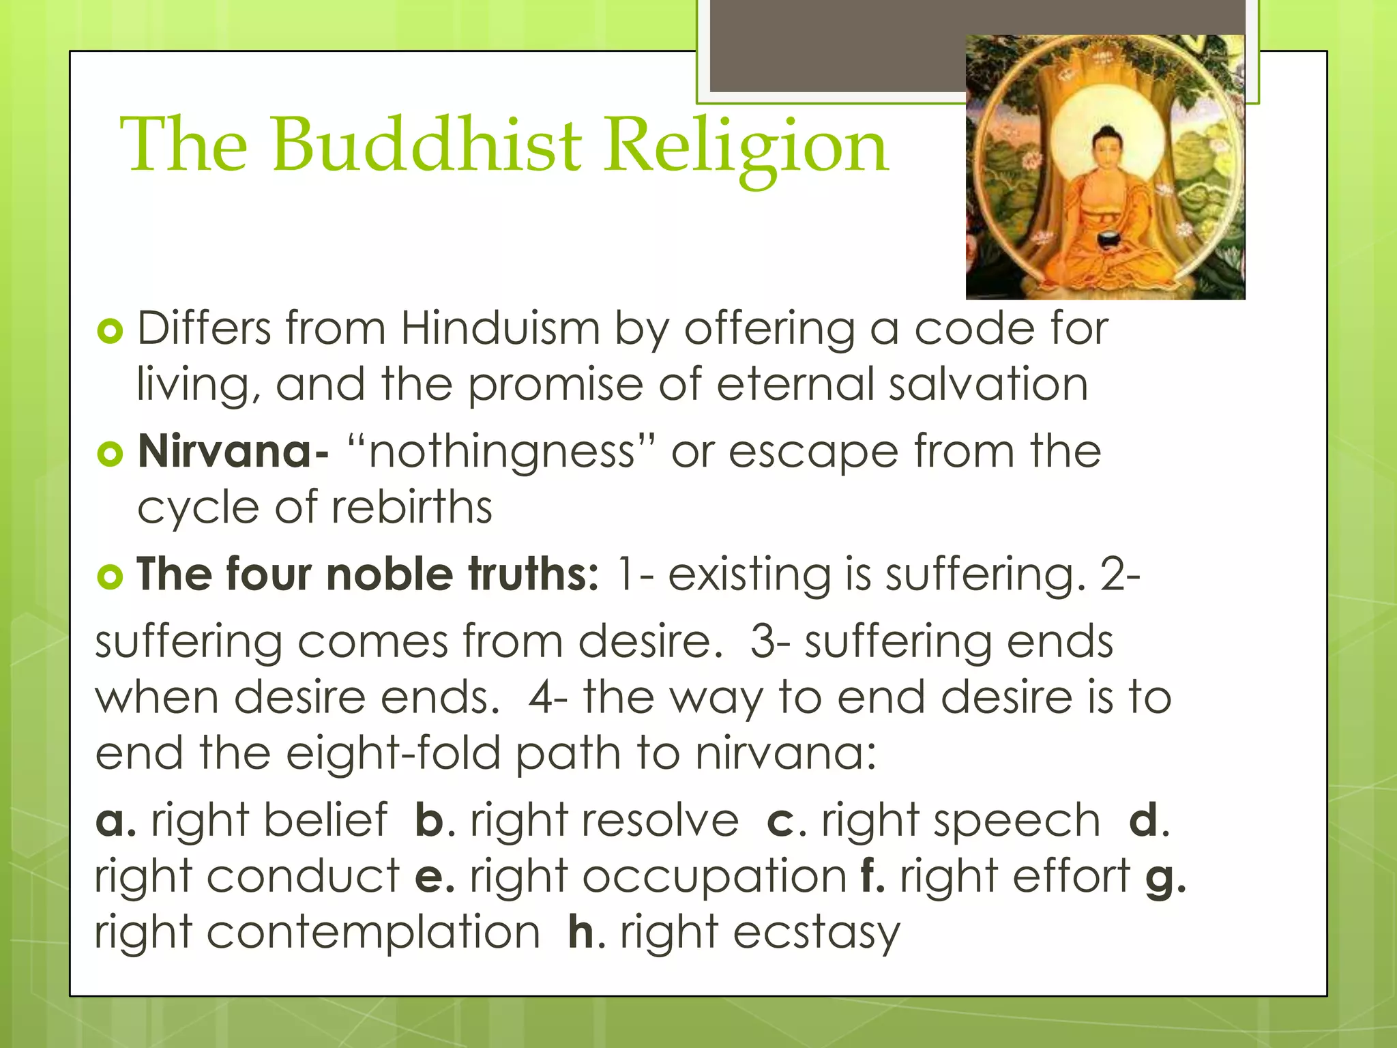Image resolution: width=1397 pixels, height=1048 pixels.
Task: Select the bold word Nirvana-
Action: (233, 452)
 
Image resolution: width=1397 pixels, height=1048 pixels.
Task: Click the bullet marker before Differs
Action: (110, 332)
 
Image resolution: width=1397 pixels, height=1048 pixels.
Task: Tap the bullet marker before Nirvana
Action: (110, 454)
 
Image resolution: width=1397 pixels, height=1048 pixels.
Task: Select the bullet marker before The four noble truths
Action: (110, 577)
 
